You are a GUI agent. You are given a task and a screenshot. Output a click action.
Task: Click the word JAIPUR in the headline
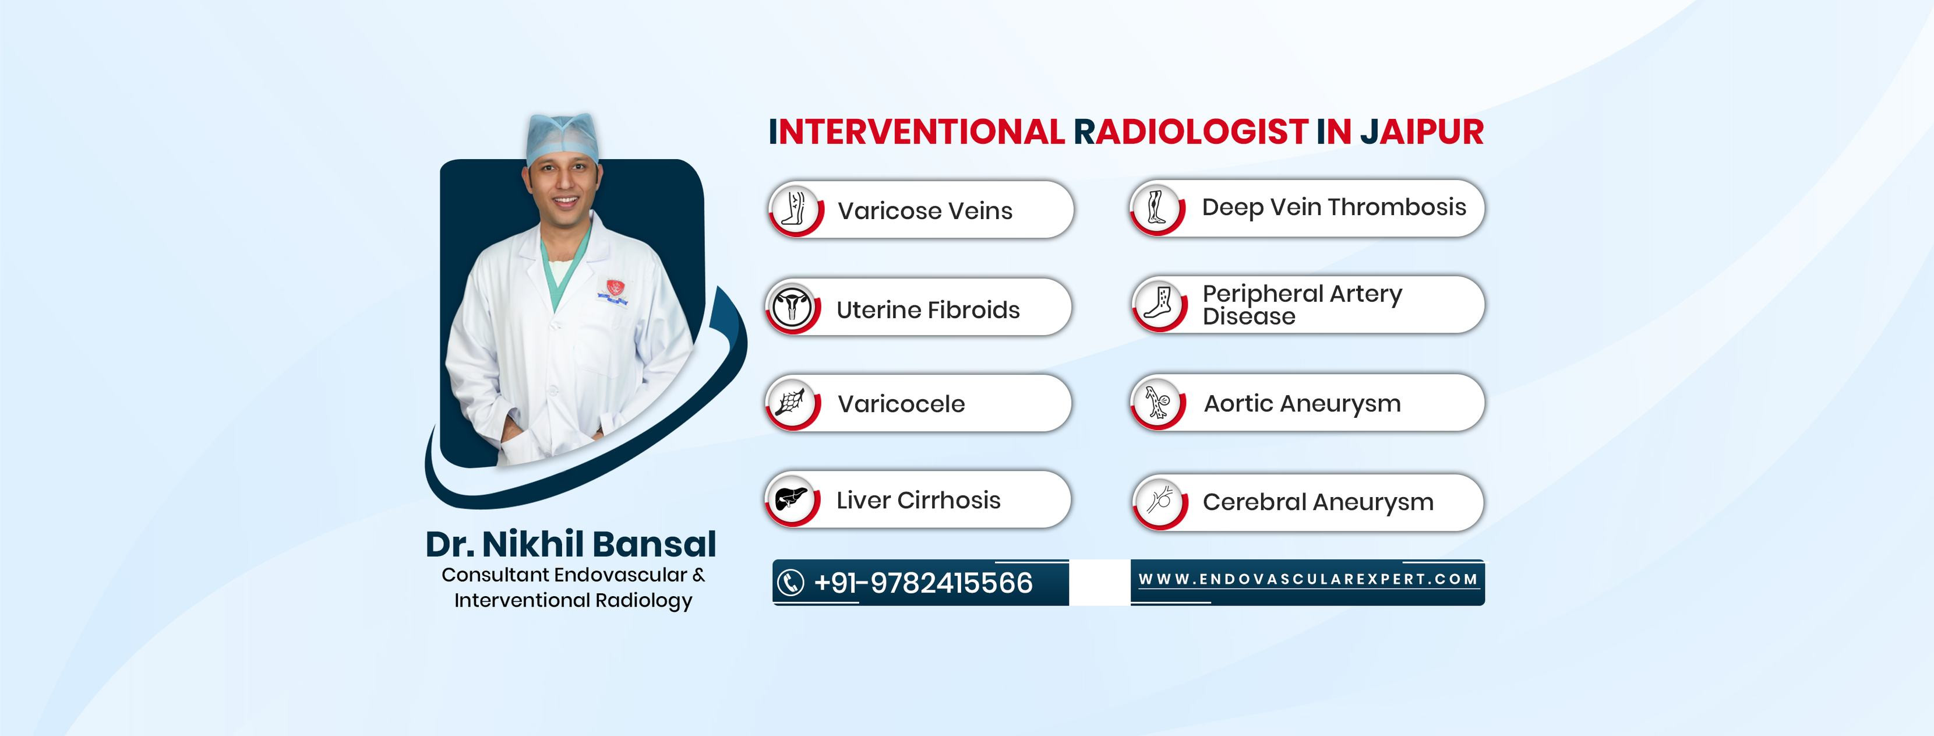click(1422, 132)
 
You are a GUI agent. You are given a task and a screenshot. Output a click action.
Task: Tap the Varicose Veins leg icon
click(795, 208)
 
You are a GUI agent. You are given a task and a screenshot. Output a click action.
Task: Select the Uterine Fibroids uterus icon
click(792, 307)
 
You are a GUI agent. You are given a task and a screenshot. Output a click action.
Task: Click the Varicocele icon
click(791, 403)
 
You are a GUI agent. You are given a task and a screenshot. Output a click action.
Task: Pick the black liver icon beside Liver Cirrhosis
click(791, 499)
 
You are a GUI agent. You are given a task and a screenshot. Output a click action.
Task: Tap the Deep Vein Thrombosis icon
click(1156, 206)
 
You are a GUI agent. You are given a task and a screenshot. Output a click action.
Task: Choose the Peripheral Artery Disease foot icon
click(1159, 304)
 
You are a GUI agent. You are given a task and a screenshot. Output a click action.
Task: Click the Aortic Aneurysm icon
click(1157, 402)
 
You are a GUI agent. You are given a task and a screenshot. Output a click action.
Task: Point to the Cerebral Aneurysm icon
click(1160, 500)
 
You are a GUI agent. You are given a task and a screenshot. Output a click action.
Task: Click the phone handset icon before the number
click(790, 583)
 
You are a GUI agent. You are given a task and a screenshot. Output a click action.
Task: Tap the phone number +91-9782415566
click(923, 583)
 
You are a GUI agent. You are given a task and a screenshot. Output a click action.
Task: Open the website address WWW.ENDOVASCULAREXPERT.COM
click(1308, 579)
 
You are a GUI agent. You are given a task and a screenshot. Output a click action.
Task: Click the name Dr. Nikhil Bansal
click(571, 544)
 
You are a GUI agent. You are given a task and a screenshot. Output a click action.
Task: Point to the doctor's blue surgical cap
click(562, 138)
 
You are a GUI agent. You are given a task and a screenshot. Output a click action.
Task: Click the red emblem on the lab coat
click(615, 287)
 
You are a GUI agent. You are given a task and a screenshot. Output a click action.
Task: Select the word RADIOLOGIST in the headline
click(1191, 132)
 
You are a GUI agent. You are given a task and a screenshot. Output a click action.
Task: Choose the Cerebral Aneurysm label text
click(1318, 502)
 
